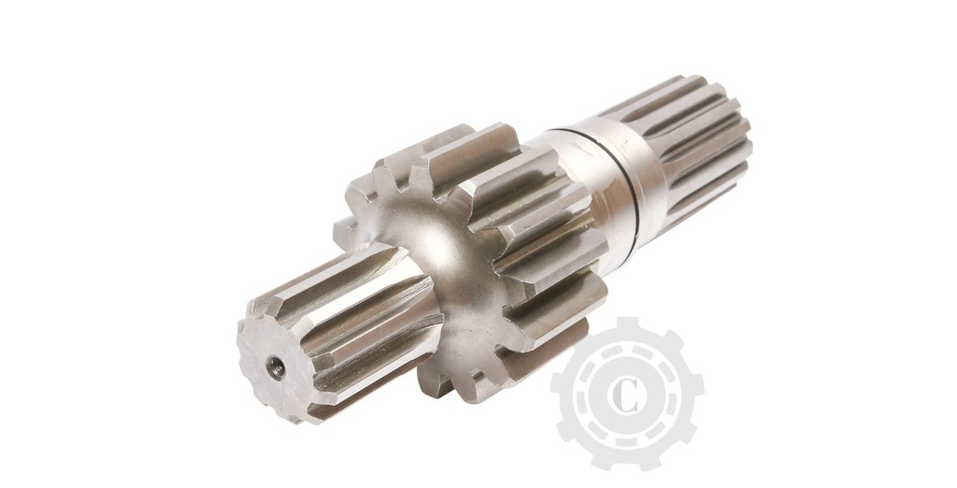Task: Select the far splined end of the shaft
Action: pos(692,140)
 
